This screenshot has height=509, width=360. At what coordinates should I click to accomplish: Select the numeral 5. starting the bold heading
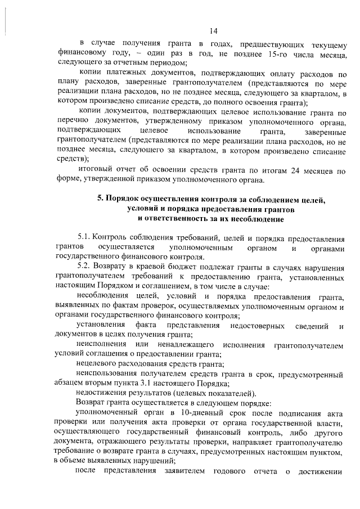100,199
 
